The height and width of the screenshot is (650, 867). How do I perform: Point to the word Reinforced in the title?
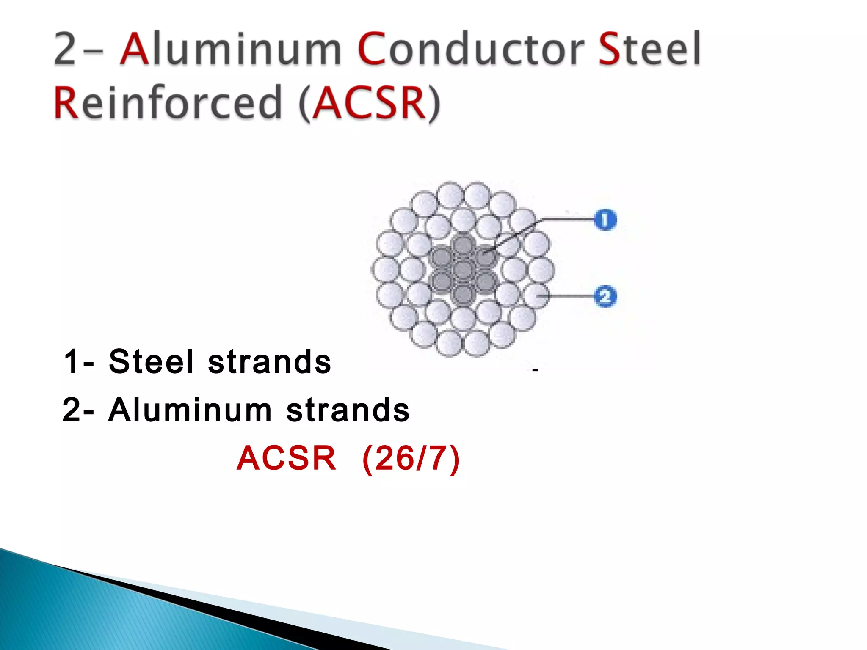pyautogui.click(x=168, y=102)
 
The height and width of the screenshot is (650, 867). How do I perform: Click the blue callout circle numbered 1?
pyautogui.click(x=605, y=220)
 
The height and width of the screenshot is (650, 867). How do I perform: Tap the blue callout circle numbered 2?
pyautogui.click(x=605, y=296)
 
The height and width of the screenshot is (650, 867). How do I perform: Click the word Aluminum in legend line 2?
pyautogui.click(x=190, y=410)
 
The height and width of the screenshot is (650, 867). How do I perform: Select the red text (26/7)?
pyautogui.click(x=411, y=459)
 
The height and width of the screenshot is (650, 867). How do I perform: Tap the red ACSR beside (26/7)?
pyautogui.click(x=287, y=459)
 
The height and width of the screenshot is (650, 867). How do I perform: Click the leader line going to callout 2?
pyautogui.click(x=569, y=296)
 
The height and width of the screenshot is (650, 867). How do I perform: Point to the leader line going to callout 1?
pyautogui.click(x=567, y=219)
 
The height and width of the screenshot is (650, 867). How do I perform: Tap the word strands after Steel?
pyautogui.click(x=269, y=362)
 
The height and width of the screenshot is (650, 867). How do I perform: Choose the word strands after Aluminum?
pyautogui.click(x=348, y=410)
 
